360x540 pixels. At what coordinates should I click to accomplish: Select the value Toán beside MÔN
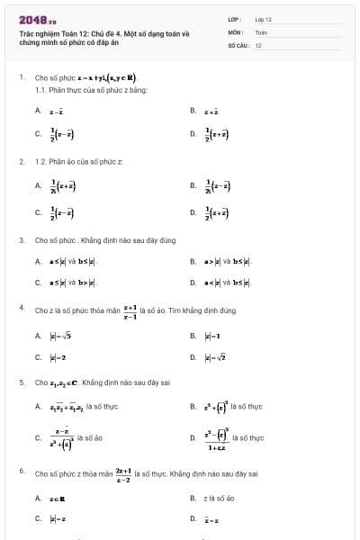[x=261, y=31]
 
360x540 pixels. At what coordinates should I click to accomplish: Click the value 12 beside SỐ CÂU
[x=258, y=44]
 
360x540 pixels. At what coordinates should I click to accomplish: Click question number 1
[x=21, y=77]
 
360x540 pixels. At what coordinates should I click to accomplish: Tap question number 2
[x=21, y=162]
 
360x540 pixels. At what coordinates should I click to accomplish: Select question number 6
[x=21, y=470]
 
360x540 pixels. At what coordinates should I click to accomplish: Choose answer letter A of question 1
[x=38, y=111]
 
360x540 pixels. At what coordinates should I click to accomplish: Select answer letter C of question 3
[x=38, y=283]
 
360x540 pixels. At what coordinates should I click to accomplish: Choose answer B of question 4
[x=204, y=335]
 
